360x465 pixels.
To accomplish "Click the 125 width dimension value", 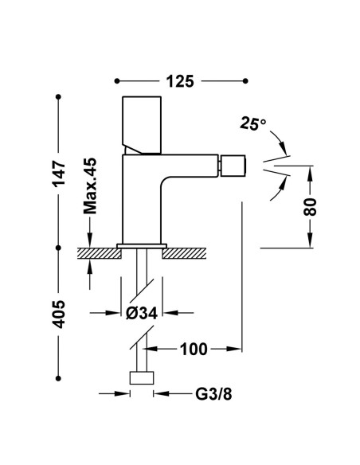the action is pos(180,81).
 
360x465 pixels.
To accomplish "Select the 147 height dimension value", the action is pos(59,174).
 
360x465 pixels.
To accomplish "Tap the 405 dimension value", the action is pos(59,314).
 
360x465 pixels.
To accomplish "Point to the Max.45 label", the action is pos(90,186).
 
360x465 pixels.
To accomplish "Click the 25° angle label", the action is pos(253,123).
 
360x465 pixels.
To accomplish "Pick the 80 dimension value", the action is pos(310,207).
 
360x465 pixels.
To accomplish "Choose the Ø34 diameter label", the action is pos(142,313).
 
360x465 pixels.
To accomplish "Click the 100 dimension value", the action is pos(194,349).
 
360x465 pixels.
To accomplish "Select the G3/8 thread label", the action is pos(213,394).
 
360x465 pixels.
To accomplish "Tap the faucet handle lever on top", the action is pos(142,125).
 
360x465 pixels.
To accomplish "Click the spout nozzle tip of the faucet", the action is pos(233,166).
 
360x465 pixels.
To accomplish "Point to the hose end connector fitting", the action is pos(142,377).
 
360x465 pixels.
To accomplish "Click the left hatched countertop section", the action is pos(99,253).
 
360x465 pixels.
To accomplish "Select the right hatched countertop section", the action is pos(184,253).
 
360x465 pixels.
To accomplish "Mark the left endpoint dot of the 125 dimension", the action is pos(117,80).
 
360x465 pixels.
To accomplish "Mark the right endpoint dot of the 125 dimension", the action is pos(245,80).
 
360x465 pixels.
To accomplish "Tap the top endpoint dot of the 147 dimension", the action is pos(58,97).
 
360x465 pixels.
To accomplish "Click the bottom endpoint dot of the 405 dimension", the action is pos(58,378).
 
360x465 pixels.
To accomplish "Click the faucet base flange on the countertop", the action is pos(142,246).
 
